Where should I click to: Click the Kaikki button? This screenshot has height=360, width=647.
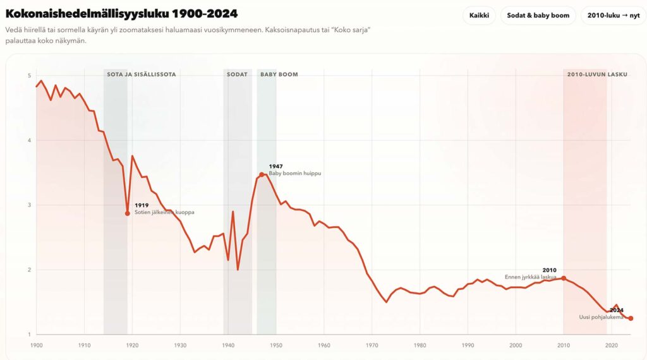tap(479, 15)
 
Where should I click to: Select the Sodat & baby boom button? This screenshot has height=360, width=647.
tap(538, 15)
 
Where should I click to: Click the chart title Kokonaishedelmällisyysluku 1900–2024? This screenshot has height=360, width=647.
tap(121, 13)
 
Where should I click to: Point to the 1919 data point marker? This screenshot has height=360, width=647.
tap(128, 213)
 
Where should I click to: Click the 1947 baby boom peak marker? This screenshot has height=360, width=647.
tap(262, 174)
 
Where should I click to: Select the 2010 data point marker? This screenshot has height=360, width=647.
tap(564, 279)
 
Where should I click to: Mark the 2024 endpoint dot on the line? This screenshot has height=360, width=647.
tap(631, 318)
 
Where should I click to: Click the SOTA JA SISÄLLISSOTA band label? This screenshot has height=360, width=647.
tap(141, 75)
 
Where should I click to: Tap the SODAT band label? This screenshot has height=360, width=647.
tap(238, 75)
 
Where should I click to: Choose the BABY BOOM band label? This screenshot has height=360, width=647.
tap(279, 75)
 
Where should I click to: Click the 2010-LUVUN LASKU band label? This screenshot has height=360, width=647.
tap(597, 75)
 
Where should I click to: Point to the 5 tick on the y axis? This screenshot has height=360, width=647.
tap(29, 76)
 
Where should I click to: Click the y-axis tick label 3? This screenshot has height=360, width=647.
tap(29, 205)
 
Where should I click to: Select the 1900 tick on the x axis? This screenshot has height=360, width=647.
tap(37, 345)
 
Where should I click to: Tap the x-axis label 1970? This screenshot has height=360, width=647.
tap(372, 345)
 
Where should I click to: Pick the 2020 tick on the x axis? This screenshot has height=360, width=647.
tap(612, 345)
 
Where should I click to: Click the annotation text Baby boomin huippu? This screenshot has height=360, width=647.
tap(295, 173)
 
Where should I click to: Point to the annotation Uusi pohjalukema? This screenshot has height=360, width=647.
tap(602, 317)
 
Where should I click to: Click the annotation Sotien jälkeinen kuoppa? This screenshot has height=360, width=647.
tap(164, 212)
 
